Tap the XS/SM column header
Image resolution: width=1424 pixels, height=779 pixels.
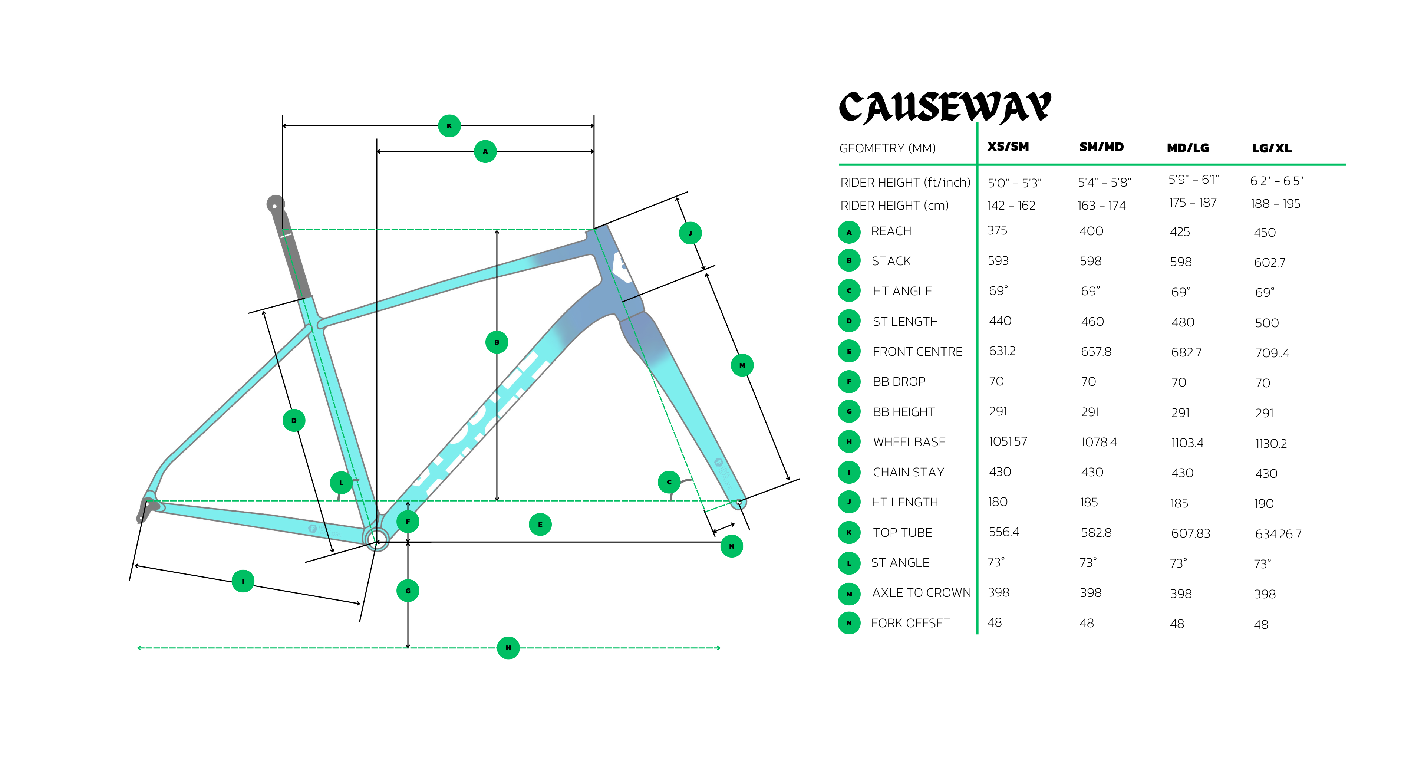[1008, 147]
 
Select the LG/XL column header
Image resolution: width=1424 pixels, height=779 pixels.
[1272, 148]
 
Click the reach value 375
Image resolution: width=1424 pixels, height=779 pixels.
[997, 231]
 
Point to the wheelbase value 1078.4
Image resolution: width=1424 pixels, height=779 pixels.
[1098, 442]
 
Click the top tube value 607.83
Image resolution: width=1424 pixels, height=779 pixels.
[1190, 533]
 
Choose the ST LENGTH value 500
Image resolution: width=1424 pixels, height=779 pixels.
[1266, 323]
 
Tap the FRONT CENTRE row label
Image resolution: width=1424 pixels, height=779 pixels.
[917, 352]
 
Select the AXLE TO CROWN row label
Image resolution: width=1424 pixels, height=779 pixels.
[921, 593]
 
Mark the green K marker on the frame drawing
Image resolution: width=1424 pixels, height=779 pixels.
[449, 126]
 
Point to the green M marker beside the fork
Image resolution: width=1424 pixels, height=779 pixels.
[742, 365]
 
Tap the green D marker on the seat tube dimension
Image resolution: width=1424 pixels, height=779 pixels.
[294, 421]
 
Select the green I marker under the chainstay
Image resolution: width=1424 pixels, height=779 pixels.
[243, 581]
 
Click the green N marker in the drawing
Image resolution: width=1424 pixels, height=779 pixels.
[731, 546]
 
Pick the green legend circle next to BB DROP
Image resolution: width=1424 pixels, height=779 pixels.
[849, 381]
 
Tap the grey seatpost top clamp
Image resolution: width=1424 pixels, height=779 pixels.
[275, 204]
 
